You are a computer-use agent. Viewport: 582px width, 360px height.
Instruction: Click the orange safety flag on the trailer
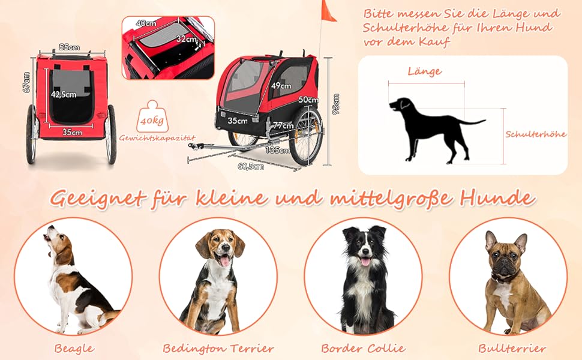(328, 11)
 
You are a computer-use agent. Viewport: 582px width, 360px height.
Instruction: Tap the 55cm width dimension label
(70, 47)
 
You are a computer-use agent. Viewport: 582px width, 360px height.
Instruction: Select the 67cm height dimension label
(26, 82)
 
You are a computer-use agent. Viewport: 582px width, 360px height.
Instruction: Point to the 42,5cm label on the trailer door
(64, 95)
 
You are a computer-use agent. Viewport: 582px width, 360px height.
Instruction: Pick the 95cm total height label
(336, 104)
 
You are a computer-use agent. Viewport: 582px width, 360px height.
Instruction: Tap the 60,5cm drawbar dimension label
(251, 166)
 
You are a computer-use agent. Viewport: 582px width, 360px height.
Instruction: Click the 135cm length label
(278, 150)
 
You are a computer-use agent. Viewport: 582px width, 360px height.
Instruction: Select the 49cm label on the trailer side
(281, 86)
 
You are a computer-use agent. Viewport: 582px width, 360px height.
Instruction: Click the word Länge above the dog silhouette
(425, 71)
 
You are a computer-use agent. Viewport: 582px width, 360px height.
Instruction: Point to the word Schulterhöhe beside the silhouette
(536, 134)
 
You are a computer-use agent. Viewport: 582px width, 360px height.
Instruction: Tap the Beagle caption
(74, 349)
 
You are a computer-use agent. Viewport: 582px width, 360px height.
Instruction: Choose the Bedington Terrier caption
(218, 349)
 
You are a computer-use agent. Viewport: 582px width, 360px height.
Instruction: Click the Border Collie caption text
(364, 349)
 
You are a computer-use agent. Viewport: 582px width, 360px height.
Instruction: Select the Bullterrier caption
(512, 349)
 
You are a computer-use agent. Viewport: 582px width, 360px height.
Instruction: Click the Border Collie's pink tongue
(365, 262)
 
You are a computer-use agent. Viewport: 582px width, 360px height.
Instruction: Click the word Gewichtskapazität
(157, 138)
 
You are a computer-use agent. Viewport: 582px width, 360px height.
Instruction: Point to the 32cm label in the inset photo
(187, 38)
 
